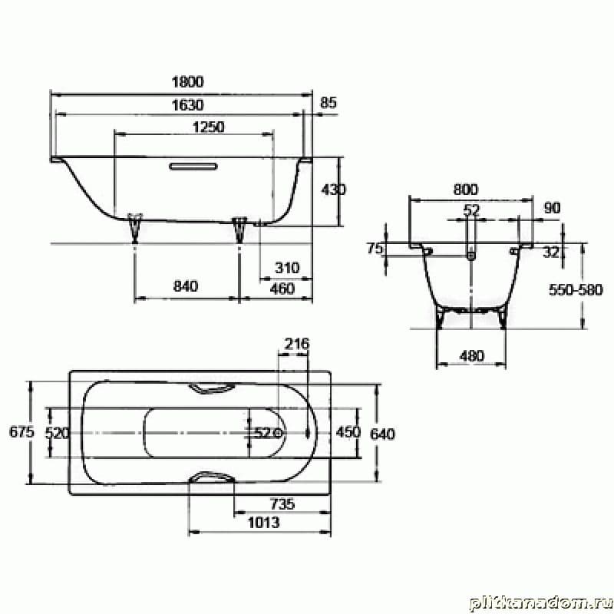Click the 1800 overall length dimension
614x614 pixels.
(188, 82)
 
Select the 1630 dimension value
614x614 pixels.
(188, 105)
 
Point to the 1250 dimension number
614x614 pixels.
(209, 127)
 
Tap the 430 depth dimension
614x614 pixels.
(333, 190)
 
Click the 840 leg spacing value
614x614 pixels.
(186, 286)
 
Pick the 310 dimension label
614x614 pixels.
(287, 268)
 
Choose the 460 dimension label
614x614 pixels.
(282, 289)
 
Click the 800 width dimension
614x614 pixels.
(466, 190)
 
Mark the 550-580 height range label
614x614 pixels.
(576, 290)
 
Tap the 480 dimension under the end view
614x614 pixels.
(472, 356)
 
